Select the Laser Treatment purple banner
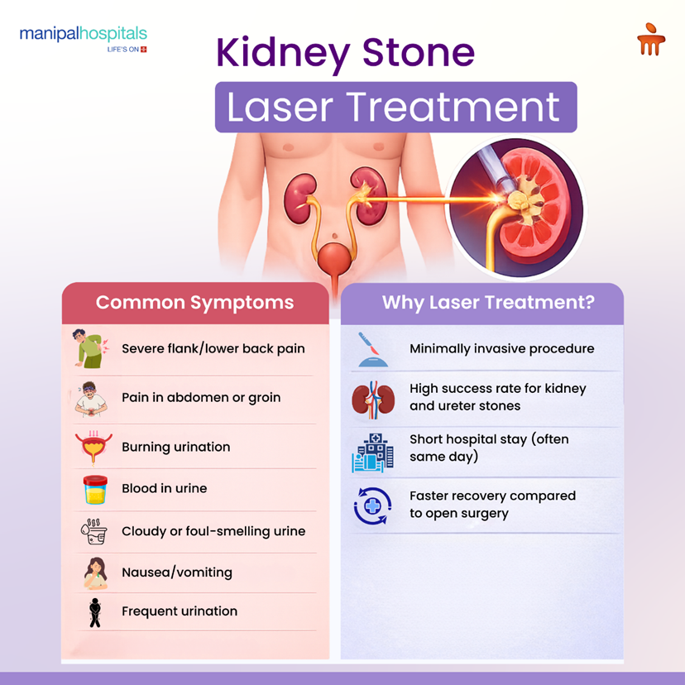pos(395,108)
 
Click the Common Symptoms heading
pos(194,303)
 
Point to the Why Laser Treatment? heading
pos(487,303)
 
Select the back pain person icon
pos(88,348)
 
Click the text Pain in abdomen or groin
pos(201,397)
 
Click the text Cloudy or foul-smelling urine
pos(213,531)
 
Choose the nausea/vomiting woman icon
pos(93,572)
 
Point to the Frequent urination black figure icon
pos(93,612)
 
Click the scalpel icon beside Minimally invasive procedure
pos(371,349)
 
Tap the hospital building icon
pos(371,452)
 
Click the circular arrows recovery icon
pos(371,505)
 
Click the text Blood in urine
pos(165,488)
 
